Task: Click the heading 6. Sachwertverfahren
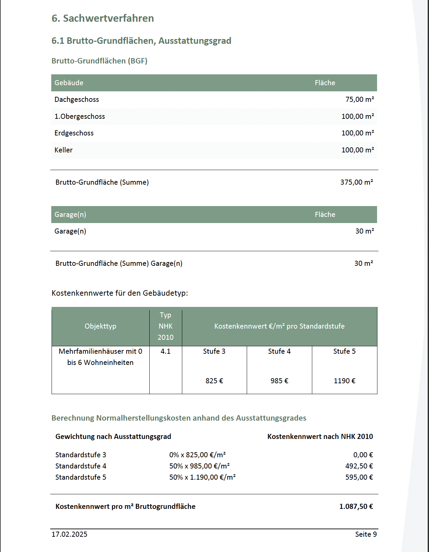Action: tap(102, 18)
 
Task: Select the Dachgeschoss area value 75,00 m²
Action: tap(359, 99)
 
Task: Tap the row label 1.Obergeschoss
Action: tap(80, 116)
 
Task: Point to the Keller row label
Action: tap(63, 150)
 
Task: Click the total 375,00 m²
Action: tap(356, 182)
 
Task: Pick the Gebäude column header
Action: tap(69, 83)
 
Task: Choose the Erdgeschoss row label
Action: tap(74, 133)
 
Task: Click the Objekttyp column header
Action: tap(100, 326)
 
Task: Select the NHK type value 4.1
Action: tap(166, 351)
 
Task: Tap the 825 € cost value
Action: tap(214, 381)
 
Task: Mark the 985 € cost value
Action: tap(279, 381)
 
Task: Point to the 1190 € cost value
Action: tap(344, 381)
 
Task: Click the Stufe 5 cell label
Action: tap(344, 351)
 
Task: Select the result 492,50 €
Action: tap(359, 466)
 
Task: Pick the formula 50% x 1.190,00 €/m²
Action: tap(202, 477)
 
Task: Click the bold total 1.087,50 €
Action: tap(356, 507)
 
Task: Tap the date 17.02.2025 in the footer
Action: tap(70, 534)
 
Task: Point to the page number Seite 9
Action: tap(366, 534)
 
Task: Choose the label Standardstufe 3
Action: tap(81, 455)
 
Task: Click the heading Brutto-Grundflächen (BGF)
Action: tap(99, 61)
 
